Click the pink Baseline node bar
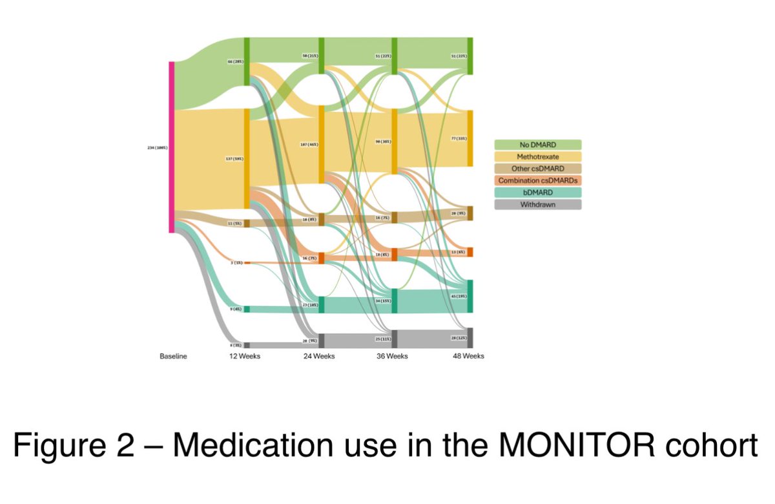click(x=172, y=147)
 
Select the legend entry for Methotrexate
click(x=538, y=156)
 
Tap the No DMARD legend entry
click(x=538, y=145)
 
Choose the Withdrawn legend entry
click(x=538, y=204)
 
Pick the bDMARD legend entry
click(x=538, y=193)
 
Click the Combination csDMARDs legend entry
click(x=538, y=180)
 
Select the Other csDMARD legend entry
click(x=538, y=169)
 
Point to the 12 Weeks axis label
click(x=244, y=356)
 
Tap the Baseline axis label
click(x=173, y=356)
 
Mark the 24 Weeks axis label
click(x=319, y=356)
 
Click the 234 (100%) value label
click(x=158, y=147)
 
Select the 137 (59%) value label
click(x=233, y=158)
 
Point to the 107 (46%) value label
click(x=309, y=144)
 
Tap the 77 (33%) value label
click(x=459, y=139)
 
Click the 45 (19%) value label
click(x=459, y=296)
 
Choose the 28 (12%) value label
click(x=459, y=337)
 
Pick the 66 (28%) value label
click(x=234, y=61)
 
